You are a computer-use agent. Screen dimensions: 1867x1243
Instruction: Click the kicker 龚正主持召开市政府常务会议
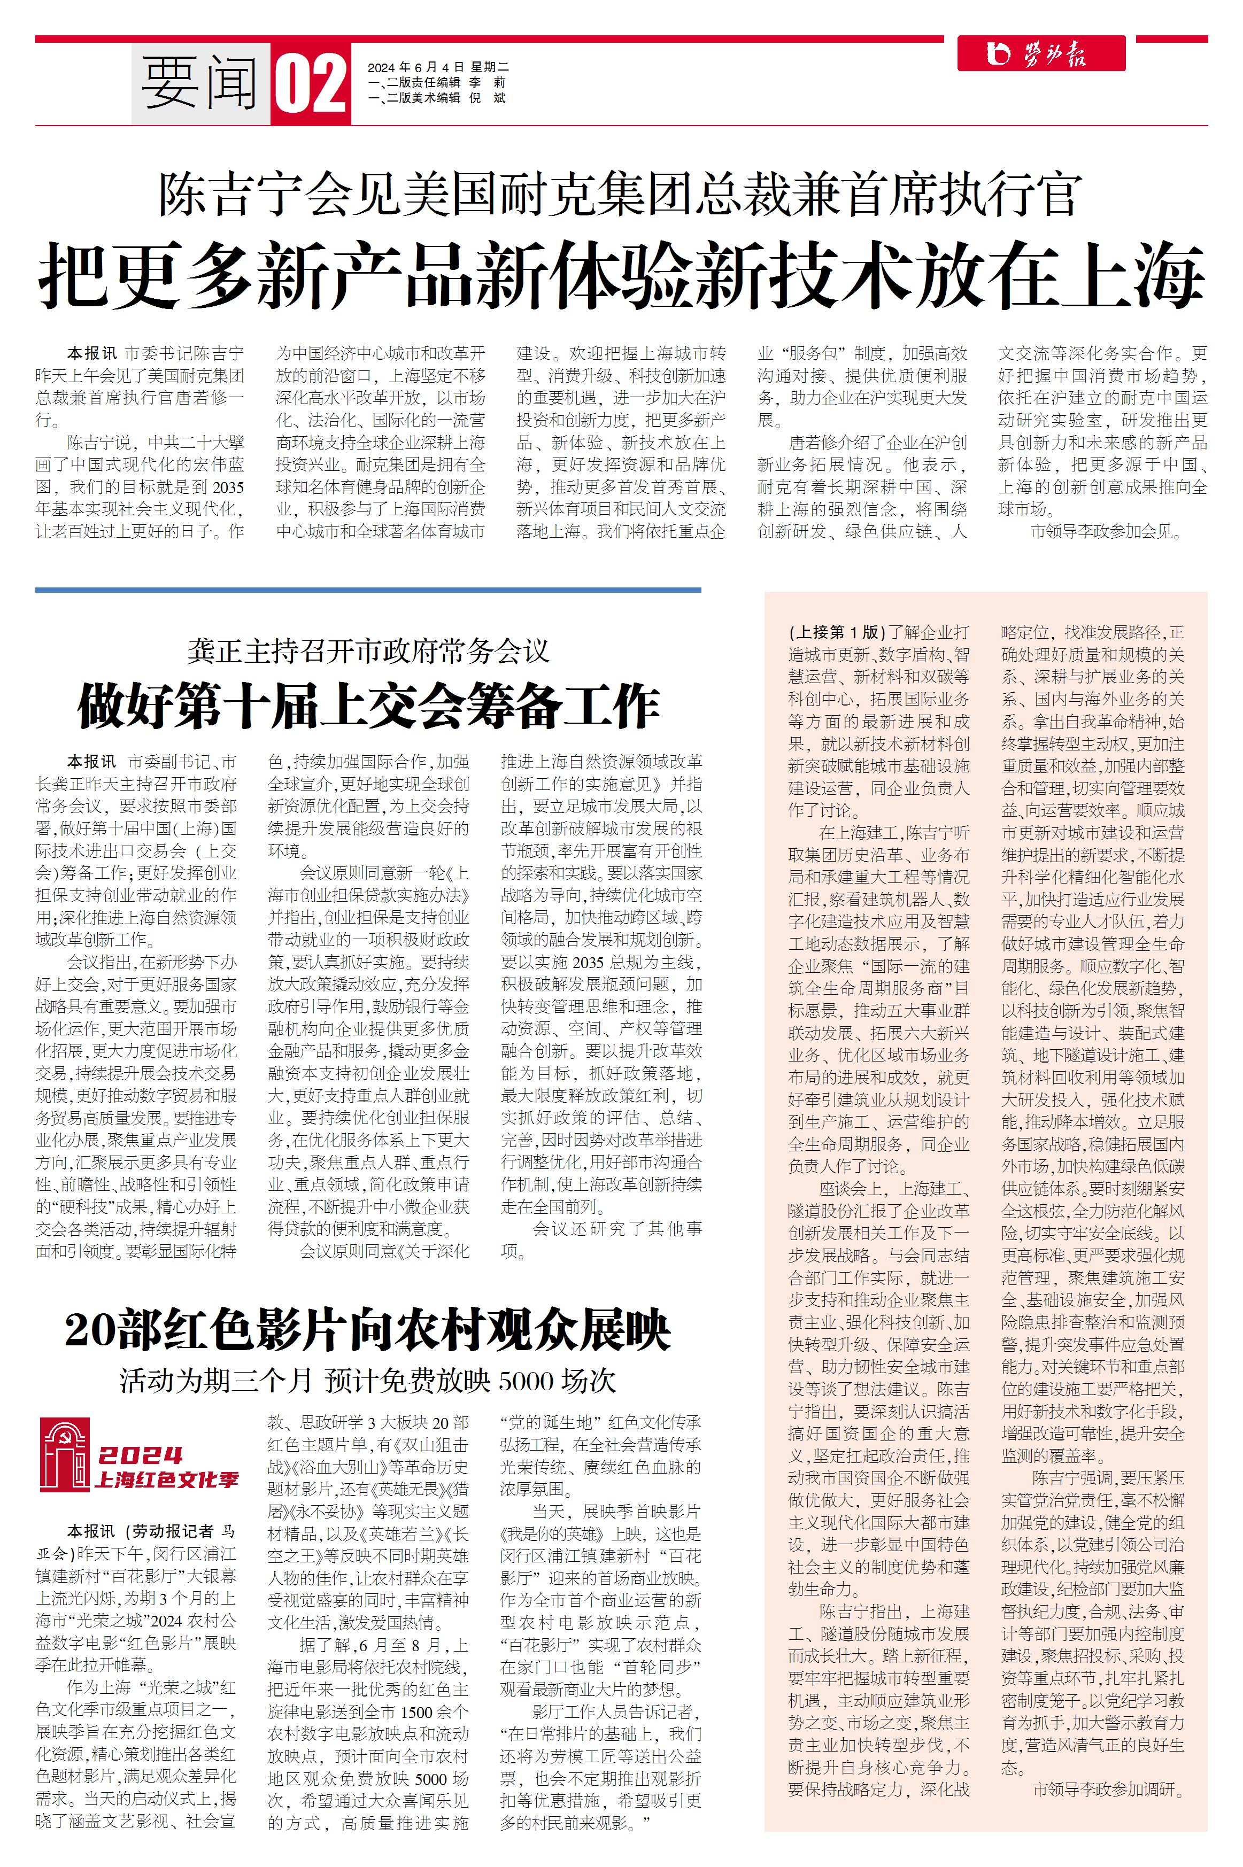368,652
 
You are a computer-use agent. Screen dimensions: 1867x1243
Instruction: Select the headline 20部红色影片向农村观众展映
368,1330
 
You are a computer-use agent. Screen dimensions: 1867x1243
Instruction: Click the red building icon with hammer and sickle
65,1455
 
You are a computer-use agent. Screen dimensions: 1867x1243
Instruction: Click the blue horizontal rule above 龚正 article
368,590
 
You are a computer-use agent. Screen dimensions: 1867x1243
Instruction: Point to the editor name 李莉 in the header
488,82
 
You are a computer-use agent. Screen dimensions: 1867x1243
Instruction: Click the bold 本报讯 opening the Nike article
92,353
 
